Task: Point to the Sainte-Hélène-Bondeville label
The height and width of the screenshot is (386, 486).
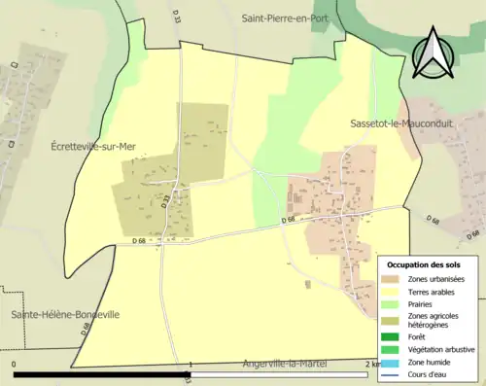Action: pos(65,315)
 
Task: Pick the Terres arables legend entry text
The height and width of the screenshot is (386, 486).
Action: pos(434,292)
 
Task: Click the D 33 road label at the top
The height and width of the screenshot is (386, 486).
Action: pos(177,17)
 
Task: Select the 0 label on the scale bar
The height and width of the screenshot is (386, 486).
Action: pos(14,365)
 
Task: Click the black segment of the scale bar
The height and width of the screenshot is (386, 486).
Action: pos(102,373)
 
